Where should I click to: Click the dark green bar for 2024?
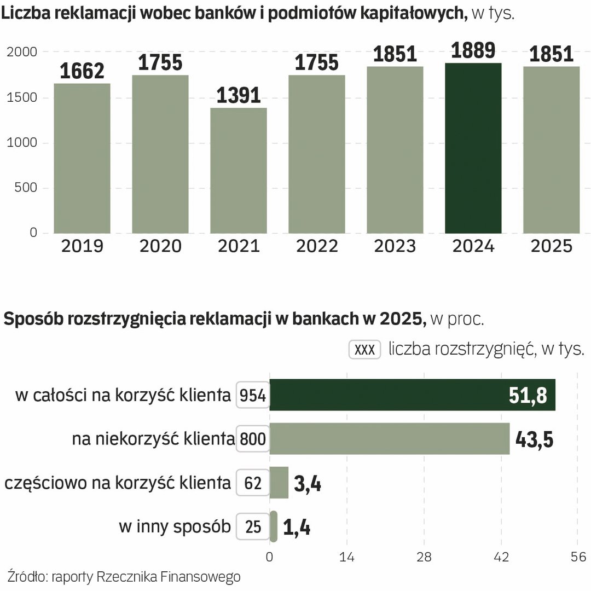(473, 149)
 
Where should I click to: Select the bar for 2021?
(239, 171)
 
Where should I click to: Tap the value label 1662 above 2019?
(82, 71)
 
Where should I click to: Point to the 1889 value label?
(473, 50)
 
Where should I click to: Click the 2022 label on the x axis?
(317, 246)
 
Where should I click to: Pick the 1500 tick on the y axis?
(22, 98)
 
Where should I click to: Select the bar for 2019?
(82, 159)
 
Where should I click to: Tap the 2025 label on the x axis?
(551, 246)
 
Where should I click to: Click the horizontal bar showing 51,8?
(412, 395)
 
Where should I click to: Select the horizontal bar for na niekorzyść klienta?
(390, 439)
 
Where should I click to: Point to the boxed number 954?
(253, 395)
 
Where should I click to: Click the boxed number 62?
(253, 483)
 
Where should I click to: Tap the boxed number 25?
(253, 526)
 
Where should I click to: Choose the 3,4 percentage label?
(308, 484)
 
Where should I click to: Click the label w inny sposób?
(175, 526)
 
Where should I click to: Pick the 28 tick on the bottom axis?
(424, 558)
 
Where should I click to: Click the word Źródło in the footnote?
(27, 577)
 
